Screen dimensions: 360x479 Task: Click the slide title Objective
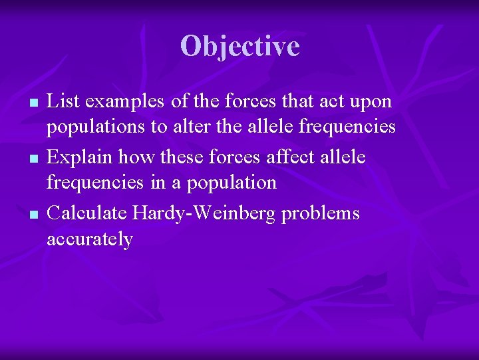239,47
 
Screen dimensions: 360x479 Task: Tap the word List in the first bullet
62,101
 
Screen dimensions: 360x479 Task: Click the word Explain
82,157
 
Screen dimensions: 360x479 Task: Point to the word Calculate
88,213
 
